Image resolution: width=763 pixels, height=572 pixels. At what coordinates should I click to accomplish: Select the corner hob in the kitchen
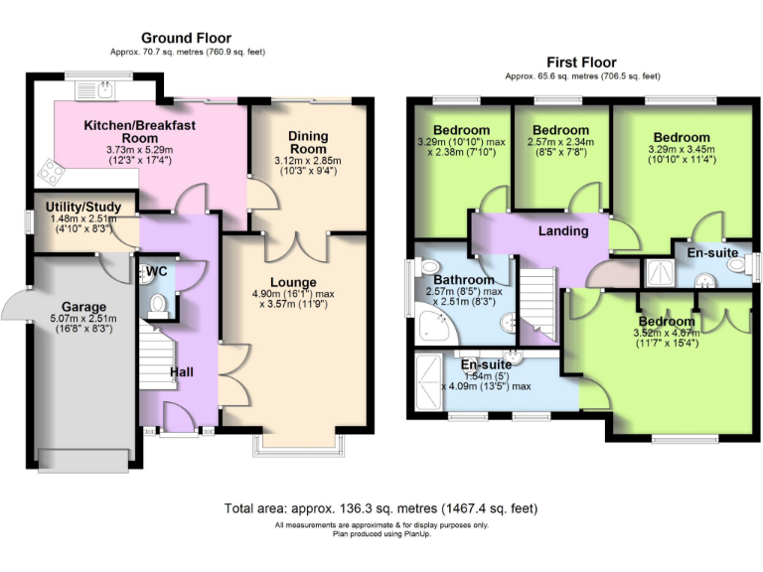coord(51,175)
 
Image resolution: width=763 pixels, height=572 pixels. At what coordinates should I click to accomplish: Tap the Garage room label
coord(84,307)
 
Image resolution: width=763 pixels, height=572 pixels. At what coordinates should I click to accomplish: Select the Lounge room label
coord(291,282)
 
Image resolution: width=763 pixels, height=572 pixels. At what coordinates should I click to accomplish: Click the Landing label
coord(562,231)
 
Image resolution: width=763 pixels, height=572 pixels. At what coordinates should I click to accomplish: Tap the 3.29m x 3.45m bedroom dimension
coord(681,154)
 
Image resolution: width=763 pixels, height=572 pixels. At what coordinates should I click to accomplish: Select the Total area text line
coord(381,507)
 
